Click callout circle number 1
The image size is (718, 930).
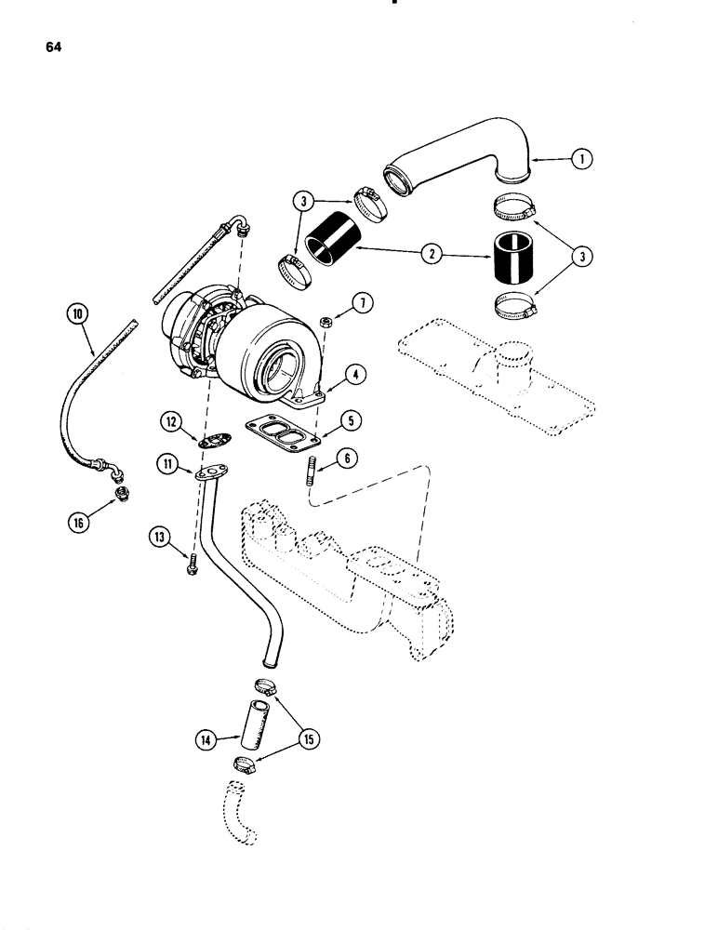click(582, 160)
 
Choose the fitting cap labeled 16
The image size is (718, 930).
click(121, 493)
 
